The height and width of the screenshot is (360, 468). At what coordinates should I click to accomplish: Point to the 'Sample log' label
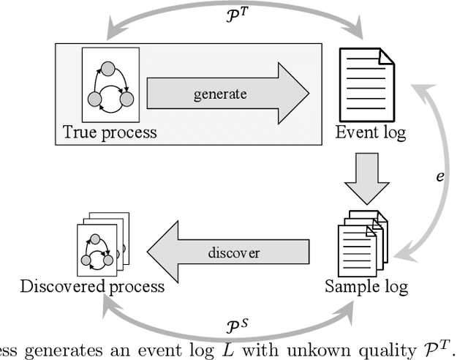click(x=366, y=285)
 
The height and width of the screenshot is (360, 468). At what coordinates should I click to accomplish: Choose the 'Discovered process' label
click(x=92, y=285)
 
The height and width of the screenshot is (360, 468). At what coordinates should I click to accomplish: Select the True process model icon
click(x=110, y=85)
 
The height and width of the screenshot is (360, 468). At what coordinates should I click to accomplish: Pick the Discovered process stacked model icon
click(x=102, y=244)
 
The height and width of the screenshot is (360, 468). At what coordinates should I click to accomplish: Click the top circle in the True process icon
click(x=108, y=68)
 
